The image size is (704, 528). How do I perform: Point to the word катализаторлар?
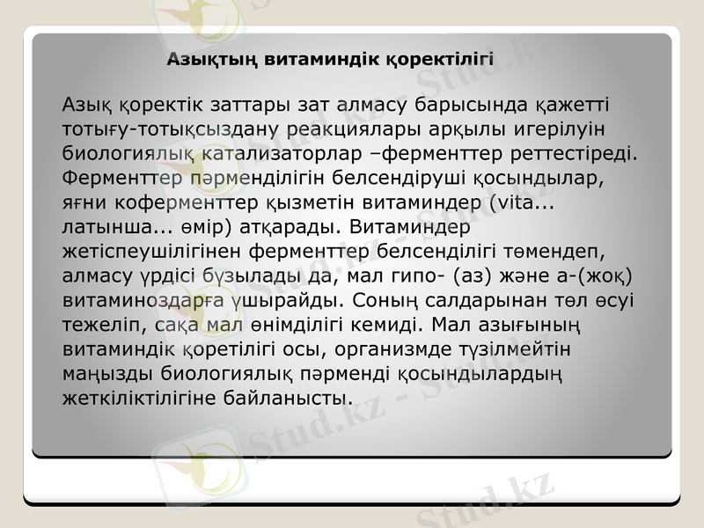pyautogui.click(x=296, y=155)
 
